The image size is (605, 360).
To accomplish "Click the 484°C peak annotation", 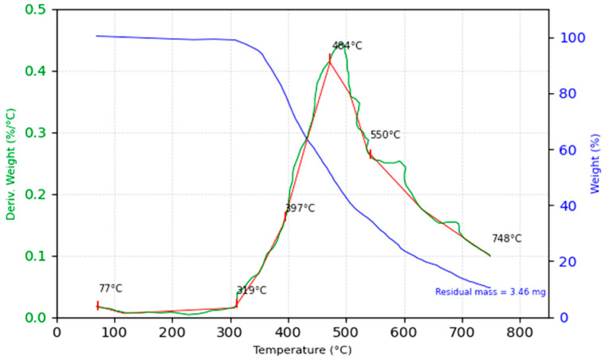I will [347, 46].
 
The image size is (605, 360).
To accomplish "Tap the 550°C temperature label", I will [385, 135].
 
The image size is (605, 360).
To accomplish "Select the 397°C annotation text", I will [300, 209].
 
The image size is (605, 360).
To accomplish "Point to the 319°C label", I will [251, 291].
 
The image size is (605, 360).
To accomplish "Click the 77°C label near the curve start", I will [111, 289].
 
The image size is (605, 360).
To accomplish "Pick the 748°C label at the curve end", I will [506, 239].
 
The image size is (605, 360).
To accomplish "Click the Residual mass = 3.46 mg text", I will [490, 292].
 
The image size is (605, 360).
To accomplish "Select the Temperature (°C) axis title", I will [302, 350].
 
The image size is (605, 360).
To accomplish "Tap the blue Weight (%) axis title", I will [594, 164].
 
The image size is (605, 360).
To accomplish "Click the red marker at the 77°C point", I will [97, 305].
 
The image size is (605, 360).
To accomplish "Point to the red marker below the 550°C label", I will [370, 154].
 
